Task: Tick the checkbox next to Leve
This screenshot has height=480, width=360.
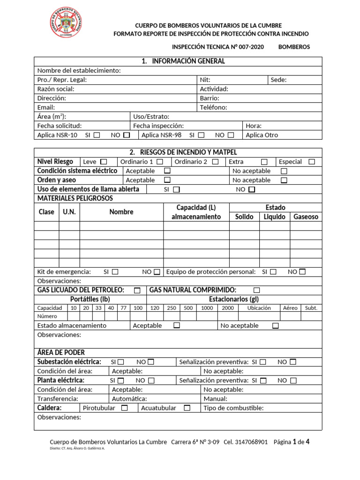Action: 104,162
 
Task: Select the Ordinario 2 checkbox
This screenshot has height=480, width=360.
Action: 215,162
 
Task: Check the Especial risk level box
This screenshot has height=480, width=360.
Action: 312,162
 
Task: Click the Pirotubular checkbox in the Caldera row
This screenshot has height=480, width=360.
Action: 124,408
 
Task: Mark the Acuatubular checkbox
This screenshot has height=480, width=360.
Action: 187,408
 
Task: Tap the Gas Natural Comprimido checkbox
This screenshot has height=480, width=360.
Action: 256,290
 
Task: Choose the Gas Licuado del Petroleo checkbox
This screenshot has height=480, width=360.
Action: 137,290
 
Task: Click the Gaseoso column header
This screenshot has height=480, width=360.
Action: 306,217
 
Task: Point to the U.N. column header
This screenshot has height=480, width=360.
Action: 69,212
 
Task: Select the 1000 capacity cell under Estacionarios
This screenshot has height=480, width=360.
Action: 207,308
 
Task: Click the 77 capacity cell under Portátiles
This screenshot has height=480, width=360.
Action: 123,308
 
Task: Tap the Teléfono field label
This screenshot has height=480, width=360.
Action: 213,107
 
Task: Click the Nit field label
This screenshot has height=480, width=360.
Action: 205,80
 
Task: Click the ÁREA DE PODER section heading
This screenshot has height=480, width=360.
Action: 61,352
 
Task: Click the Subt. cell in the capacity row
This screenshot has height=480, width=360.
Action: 311,308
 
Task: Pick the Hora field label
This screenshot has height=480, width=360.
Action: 254,126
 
